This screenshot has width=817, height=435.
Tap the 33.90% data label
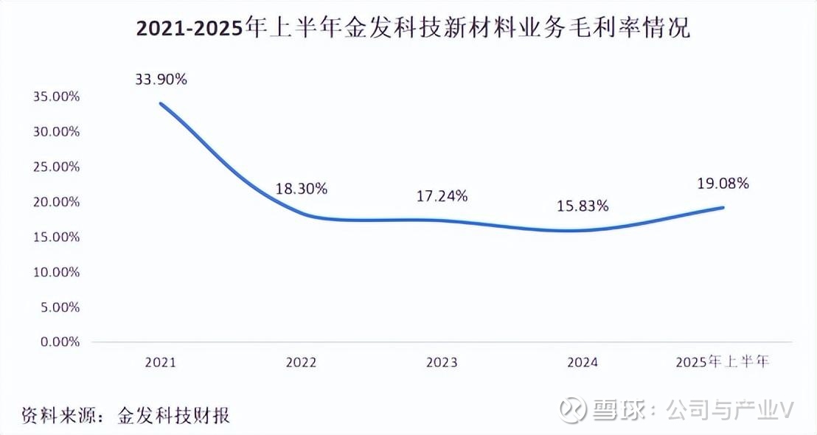click(x=161, y=79)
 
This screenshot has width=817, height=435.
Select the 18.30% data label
click(x=301, y=189)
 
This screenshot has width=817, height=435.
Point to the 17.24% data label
click(x=442, y=195)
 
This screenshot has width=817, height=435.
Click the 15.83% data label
click(x=583, y=206)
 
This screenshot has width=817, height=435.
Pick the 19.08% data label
click(x=723, y=184)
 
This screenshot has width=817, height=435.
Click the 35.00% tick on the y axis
click(x=55, y=97)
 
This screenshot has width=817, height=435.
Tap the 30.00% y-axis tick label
click(x=55, y=131)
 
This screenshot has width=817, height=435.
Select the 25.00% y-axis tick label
click(x=55, y=167)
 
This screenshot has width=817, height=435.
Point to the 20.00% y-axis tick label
click(x=55, y=202)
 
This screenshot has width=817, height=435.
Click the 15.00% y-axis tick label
click(x=55, y=237)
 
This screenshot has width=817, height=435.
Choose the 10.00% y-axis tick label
click(x=55, y=272)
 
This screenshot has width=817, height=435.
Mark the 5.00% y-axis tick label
click(x=58, y=307)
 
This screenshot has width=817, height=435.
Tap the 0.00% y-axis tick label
click(x=58, y=342)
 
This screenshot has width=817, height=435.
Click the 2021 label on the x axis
click(x=161, y=362)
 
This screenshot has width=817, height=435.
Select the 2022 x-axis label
click(x=301, y=362)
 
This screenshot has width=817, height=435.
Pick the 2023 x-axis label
click(x=442, y=362)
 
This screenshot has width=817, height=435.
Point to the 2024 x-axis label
click(x=583, y=362)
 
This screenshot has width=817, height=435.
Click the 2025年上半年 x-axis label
click(x=723, y=362)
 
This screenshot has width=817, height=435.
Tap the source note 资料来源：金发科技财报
click(x=125, y=415)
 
